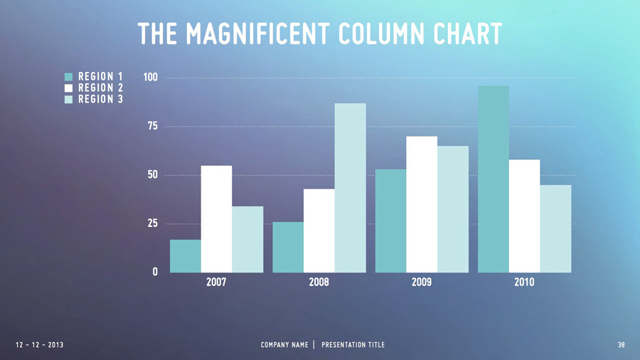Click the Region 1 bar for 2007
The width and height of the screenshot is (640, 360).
pos(185,256)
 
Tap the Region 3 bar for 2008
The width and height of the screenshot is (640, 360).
pos(351,188)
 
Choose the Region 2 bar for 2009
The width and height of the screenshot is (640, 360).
pos(422,204)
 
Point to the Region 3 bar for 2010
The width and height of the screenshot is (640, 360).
pos(555,228)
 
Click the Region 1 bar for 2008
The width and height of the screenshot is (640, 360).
pos(288,247)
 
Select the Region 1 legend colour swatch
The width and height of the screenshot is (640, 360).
pos(69,76)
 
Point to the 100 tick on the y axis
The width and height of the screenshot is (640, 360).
pos(150,77)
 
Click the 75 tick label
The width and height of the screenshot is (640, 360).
pos(152,126)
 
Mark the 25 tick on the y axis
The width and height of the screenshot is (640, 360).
pos(152,223)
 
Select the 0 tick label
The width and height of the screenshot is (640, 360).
pos(155,272)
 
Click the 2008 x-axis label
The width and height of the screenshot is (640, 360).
pos(319,282)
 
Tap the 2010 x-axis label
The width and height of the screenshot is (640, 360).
pos(524,282)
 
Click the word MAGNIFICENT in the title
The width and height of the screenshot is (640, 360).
pos(260,33)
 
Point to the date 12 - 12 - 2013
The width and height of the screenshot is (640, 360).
pos(39,345)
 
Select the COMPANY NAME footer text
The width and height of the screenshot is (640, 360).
pos(284,345)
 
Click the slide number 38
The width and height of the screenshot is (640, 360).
pos(622,345)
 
